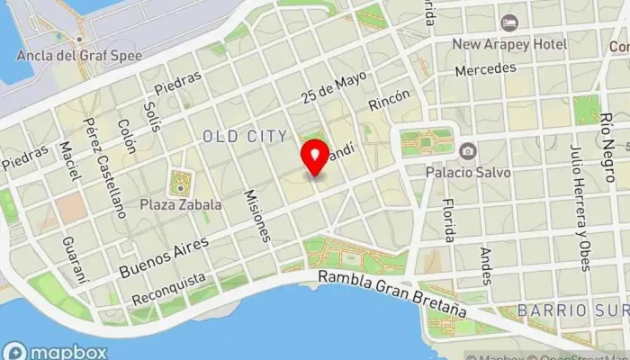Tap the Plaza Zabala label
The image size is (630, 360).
point(180,204)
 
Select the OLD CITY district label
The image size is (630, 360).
point(245,136)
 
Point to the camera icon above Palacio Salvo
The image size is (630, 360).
point(467,150)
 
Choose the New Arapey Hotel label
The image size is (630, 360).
point(509,43)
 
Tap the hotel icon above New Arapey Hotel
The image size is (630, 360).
point(510,22)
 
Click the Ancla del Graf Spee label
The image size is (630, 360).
point(79,54)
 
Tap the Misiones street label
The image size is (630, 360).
point(256,216)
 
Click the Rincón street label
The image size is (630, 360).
point(389,105)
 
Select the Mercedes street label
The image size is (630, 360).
point(485,68)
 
